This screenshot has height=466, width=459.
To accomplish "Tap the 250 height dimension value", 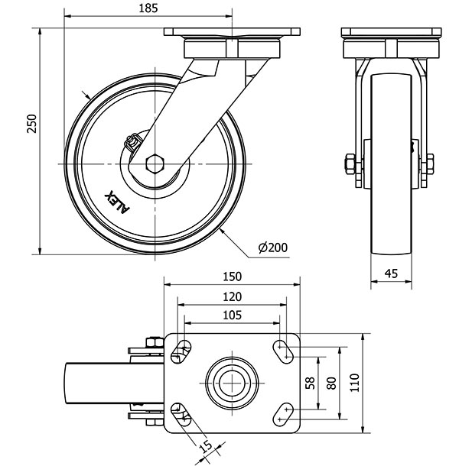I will click(x=31, y=123).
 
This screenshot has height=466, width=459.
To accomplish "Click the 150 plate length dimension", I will click(x=233, y=277).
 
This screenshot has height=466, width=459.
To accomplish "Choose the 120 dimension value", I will click(x=233, y=296).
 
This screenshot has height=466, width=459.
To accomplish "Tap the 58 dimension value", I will click(x=310, y=383).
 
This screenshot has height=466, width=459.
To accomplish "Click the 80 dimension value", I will click(x=330, y=383).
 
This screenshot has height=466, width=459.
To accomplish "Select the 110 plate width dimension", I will click(x=353, y=383).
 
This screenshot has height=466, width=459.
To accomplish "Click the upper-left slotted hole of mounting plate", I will click(x=182, y=351).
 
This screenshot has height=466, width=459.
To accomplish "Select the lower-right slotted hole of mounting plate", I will click(x=286, y=413).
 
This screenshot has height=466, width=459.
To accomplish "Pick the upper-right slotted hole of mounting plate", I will click(x=286, y=351).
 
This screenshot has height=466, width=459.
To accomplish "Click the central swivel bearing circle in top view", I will click(x=232, y=382).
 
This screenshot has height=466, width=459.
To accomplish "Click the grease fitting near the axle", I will click(x=131, y=142).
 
